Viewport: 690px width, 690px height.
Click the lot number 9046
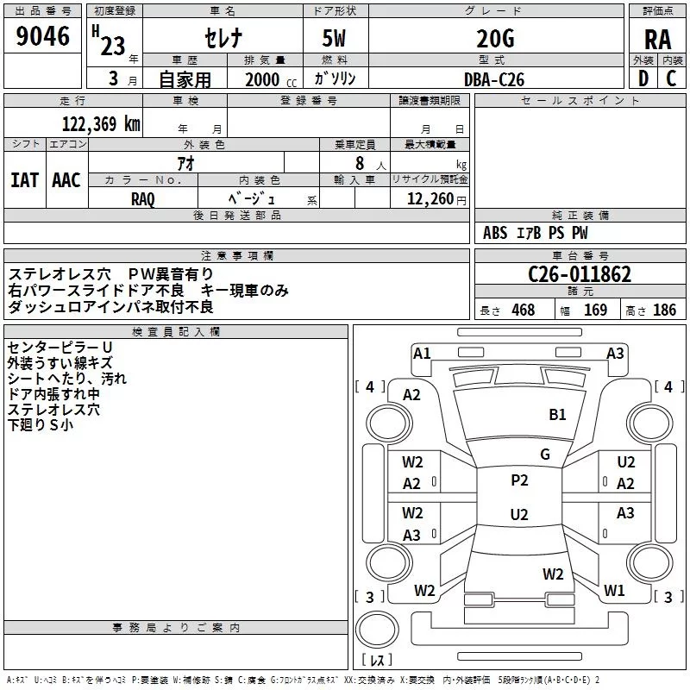[x=43, y=37]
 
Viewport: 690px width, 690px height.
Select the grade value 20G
[x=495, y=38]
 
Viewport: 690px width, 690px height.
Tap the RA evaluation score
[x=657, y=40]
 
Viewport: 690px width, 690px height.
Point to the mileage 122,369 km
[x=101, y=123]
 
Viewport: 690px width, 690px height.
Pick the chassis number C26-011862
[x=580, y=275]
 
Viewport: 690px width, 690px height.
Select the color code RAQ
[x=143, y=198]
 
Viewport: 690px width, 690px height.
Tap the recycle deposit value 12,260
[x=429, y=198]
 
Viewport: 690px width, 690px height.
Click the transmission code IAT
[x=24, y=180]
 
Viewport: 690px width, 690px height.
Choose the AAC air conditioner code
[x=66, y=180]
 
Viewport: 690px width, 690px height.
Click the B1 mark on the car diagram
[x=558, y=415]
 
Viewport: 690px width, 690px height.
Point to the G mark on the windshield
[x=545, y=455]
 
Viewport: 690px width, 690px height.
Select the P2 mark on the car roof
[x=519, y=480]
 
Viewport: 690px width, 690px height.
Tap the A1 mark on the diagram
[x=422, y=353]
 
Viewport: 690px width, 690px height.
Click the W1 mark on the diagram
[x=614, y=591]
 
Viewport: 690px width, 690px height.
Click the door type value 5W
[x=336, y=38]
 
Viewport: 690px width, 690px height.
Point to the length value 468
[x=523, y=310]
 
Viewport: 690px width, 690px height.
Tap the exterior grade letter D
[x=643, y=78]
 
